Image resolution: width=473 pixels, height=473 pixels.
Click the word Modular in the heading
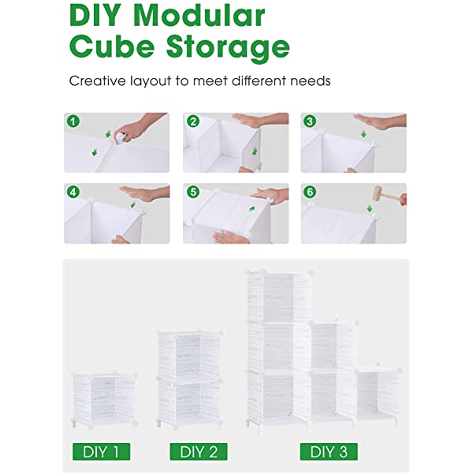tap(199, 16)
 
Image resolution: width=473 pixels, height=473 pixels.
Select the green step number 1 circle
tap(73, 121)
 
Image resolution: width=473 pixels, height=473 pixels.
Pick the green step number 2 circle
tap(193, 121)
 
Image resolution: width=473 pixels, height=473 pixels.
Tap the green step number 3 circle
tap(310, 121)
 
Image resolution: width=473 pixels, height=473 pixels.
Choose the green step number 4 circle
tap(73, 192)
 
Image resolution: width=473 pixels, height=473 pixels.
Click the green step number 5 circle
tap(193, 192)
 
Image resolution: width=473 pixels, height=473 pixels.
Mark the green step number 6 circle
tap(310, 192)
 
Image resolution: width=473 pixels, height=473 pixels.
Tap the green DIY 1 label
tap(101, 452)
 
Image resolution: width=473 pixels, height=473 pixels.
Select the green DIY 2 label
tap(199, 452)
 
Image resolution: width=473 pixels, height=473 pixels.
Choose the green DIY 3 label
tap(329, 452)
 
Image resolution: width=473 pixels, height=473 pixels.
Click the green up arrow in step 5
tap(252, 208)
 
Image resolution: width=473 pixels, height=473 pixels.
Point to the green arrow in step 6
tap(369, 208)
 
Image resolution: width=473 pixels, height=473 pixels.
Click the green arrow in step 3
tap(363, 134)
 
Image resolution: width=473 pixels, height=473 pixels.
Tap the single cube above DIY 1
tap(105, 400)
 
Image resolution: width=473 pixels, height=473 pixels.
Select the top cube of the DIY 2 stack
tap(190, 355)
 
